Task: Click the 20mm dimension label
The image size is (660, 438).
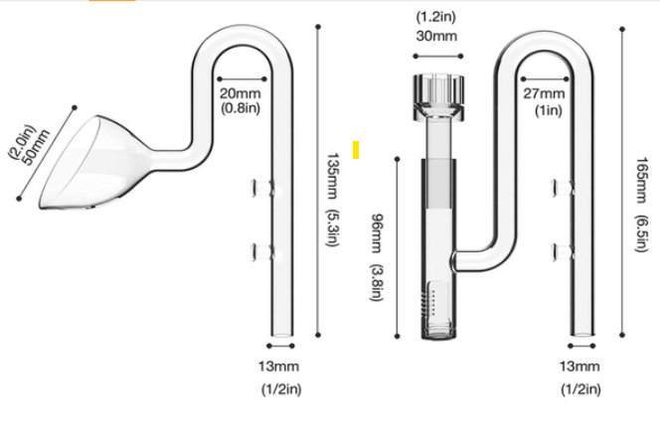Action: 240,93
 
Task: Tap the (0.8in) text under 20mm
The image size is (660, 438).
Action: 240,107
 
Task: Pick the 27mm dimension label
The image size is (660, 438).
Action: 544,93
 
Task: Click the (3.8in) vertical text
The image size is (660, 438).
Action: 377,283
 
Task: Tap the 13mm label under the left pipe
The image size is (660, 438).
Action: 275,366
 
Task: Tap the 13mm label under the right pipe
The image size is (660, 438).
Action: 579,366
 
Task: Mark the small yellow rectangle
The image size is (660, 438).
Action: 355,150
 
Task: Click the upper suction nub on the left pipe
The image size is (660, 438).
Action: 260,186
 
